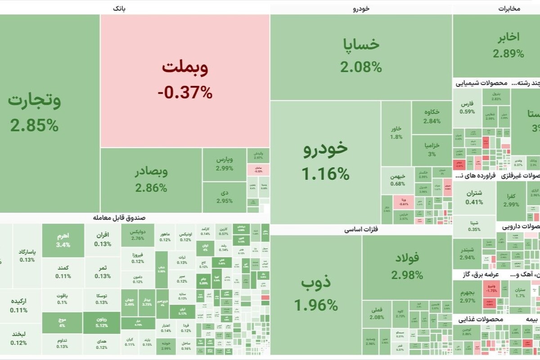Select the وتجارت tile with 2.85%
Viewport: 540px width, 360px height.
tap(35, 112)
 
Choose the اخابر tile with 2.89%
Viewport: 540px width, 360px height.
tap(508, 45)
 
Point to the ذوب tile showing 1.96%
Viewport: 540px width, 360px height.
tap(316, 295)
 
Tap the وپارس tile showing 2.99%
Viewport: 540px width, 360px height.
tap(224, 164)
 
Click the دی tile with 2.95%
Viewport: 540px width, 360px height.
tap(224, 197)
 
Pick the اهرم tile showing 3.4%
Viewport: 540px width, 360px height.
tap(63, 240)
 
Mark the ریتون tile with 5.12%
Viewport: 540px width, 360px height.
tap(102, 322)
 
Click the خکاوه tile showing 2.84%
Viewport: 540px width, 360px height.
tap(432, 117)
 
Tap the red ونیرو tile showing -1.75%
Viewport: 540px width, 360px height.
tap(491, 288)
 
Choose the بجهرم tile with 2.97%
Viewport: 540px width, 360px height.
tap(467, 297)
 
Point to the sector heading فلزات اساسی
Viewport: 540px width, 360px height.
tap(361, 229)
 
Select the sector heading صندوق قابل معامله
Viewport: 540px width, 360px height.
tap(119, 218)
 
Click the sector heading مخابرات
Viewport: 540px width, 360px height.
tap(509, 9)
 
